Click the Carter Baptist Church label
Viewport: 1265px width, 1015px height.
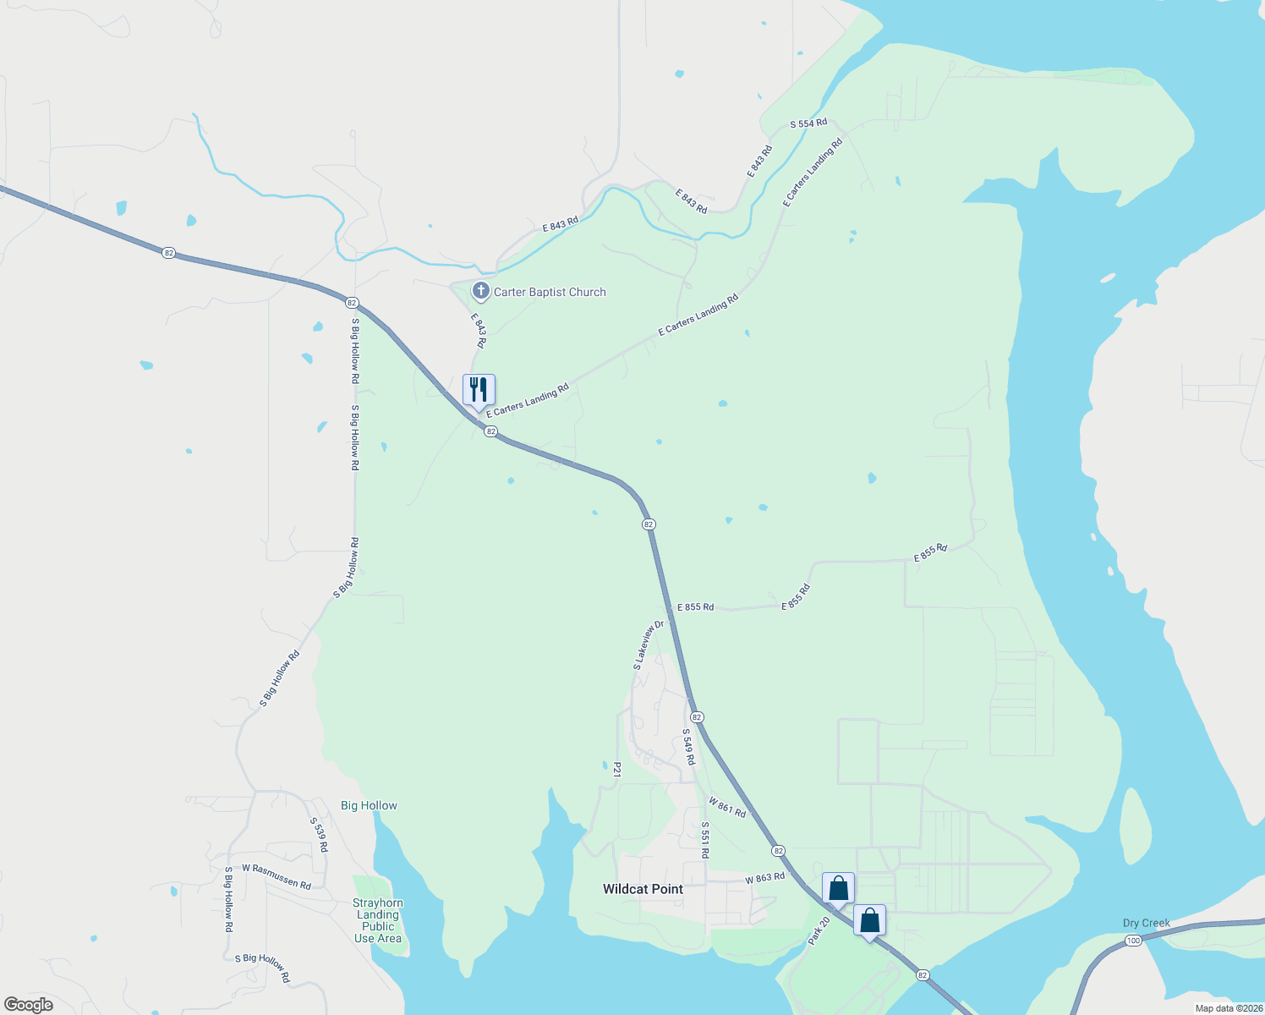click(550, 293)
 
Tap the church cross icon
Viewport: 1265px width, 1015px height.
click(480, 292)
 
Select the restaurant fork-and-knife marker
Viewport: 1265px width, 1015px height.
click(479, 390)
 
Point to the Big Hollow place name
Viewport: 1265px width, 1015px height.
click(369, 806)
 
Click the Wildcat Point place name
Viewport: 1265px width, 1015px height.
click(643, 889)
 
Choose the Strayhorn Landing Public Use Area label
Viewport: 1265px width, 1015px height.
click(378, 920)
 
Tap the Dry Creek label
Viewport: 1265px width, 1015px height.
click(1146, 924)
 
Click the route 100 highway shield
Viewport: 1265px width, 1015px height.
click(1134, 941)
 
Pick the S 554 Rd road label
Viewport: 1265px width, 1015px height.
click(808, 123)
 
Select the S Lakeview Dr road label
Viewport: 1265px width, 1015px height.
click(649, 646)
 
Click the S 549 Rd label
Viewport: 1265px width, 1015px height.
click(689, 747)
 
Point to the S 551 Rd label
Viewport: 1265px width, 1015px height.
click(704, 840)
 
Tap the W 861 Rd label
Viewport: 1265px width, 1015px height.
click(727, 807)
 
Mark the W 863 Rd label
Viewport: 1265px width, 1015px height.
click(765, 878)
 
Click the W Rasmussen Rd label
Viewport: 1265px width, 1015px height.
click(277, 876)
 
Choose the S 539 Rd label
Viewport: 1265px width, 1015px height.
click(318, 834)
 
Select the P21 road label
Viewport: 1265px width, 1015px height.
click(617, 770)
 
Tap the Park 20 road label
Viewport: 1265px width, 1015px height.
click(819, 930)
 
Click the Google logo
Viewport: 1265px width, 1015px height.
click(29, 1005)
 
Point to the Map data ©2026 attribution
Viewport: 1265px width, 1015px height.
click(1228, 1008)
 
